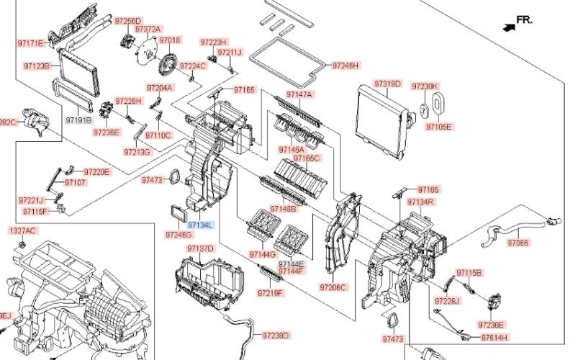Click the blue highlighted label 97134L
point(200,225)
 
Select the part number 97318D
point(387,84)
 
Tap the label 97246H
point(344,66)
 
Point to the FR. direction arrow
point(510,26)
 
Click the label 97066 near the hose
point(518,243)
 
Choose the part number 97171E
point(31,44)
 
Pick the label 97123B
point(37,66)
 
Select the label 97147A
point(299,94)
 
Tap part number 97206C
point(333,287)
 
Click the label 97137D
point(201,248)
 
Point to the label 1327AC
point(22,230)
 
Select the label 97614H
point(494,337)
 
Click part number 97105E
point(438,127)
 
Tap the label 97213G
point(137,152)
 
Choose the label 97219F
point(271,293)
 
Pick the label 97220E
point(96,172)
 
